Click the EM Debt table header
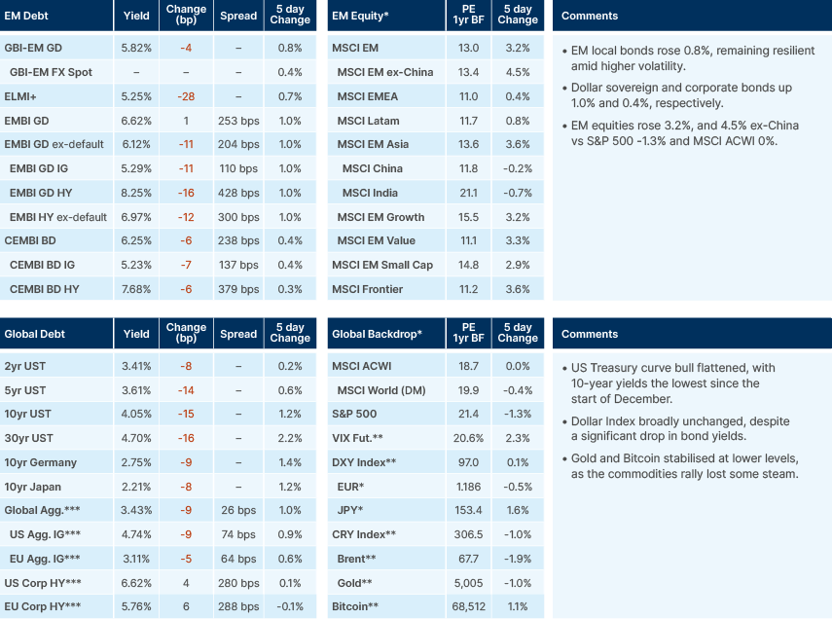[x=27, y=16]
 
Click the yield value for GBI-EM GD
[x=136, y=48]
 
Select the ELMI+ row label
[x=20, y=96]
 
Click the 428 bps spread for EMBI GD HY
[x=238, y=193]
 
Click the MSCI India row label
[x=373, y=193]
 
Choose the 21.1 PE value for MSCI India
[x=468, y=193]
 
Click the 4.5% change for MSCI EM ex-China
[x=518, y=72]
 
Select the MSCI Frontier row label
[x=370, y=289]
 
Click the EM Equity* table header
[x=362, y=16]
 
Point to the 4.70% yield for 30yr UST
[x=136, y=438]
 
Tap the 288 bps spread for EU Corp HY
[x=238, y=606]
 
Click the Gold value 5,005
[x=468, y=583]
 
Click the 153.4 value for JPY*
[x=468, y=511]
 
